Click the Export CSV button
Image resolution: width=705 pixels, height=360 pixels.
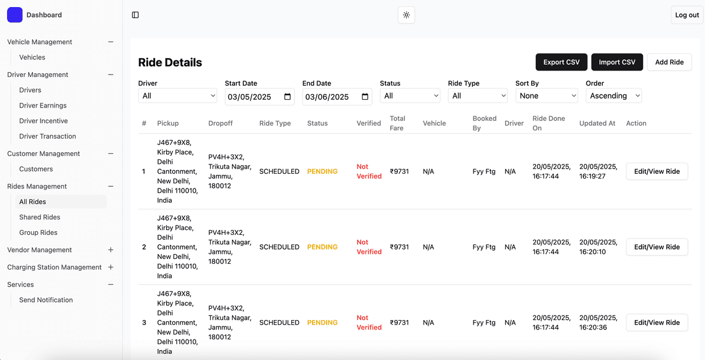(x=561, y=62)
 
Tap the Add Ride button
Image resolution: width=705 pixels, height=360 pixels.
(x=669, y=62)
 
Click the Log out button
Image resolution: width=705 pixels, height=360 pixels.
(x=687, y=15)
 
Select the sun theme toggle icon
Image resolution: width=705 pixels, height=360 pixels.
(x=407, y=15)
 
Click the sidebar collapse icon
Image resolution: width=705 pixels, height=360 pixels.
(x=135, y=15)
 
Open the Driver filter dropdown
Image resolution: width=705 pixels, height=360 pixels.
(x=177, y=96)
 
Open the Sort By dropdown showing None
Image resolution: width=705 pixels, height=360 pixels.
(x=546, y=96)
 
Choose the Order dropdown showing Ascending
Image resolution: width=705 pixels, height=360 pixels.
(x=613, y=96)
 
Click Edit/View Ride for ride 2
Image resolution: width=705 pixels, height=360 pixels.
(x=657, y=247)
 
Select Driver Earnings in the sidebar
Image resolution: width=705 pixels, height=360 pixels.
(x=43, y=106)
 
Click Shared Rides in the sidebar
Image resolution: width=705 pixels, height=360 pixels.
(x=40, y=217)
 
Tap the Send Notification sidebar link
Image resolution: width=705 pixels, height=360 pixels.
(x=46, y=300)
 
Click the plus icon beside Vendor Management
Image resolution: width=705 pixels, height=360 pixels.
(x=110, y=250)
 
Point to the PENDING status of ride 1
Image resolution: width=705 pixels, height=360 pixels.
(x=323, y=171)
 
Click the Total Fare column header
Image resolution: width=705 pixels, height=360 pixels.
(x=398, y=123)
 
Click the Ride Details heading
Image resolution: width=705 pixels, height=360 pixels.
(x=170, y=62)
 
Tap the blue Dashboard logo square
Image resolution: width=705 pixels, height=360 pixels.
(x=15, y=15)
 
